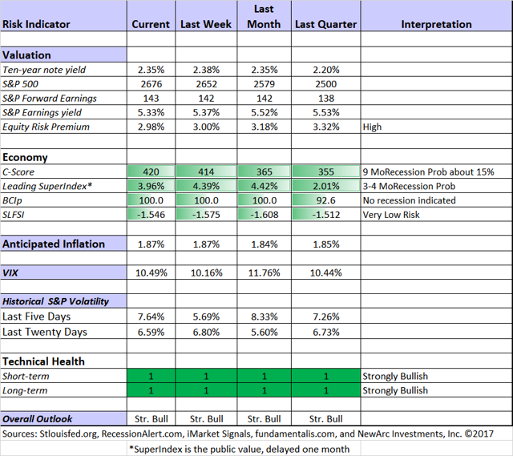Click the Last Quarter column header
point(326,24)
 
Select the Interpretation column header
point(436,24)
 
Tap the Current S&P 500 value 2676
point(151,84)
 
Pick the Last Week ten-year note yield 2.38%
point(206,70)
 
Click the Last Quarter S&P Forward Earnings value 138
point(326,98)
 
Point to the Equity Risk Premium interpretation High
point(372,127)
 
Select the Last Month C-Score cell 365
point(264,172)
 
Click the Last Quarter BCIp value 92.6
point(326,200)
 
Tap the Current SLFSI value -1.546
point(151,215)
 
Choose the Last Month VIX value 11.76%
point(264,272)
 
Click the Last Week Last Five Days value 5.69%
point(206,317)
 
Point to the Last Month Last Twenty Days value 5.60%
point(264,332)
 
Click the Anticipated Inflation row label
point(54,244)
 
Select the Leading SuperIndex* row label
point(47,186)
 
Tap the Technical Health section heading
point(43,361)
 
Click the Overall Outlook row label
point(38,418)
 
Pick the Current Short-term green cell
point(151,376)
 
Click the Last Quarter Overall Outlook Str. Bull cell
point(326,418)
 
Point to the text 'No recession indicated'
point(410,200)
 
